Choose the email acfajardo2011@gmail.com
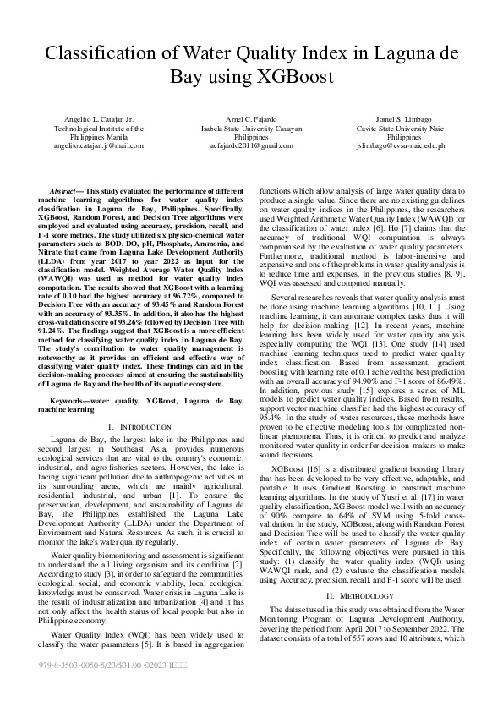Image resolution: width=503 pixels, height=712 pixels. [x=252, y=145]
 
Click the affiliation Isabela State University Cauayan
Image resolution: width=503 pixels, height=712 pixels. [x=252, y=129]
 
